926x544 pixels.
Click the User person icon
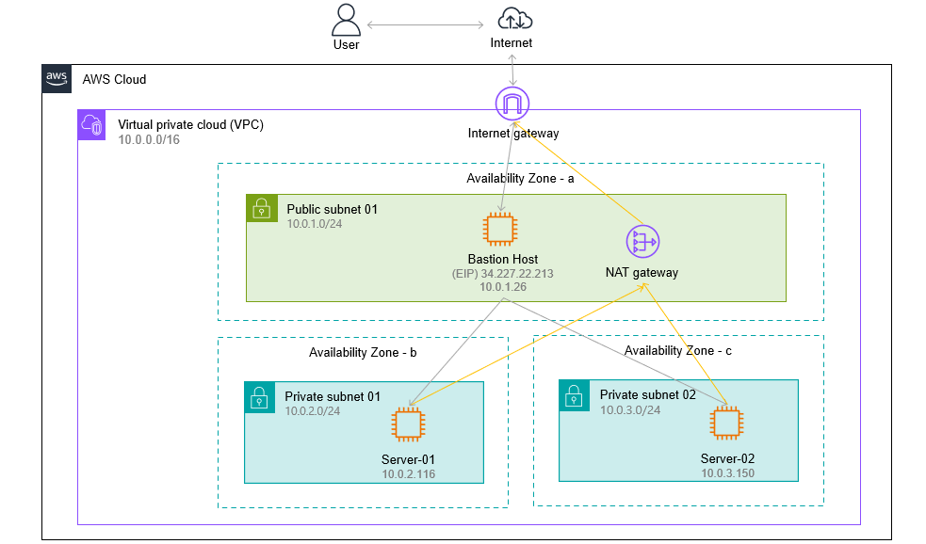(x=346, y=20)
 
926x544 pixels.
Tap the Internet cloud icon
(x=515, y=19)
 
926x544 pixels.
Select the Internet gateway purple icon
(x=512, y=104)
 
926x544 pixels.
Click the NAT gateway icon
(x=642, y=241)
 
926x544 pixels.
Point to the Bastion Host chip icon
(x=500, y=229)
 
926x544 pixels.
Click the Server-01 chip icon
(x=408, y=424)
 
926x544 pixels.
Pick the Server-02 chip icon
(x=726, y=423)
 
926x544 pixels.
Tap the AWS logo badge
(x=57, y=79)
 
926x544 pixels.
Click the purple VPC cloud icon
(x=91, y=125)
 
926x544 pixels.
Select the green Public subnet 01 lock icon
(x=262, y=208)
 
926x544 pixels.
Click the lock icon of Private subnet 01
(x=259, y=397)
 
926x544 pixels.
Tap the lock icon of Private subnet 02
(x=574, y=395)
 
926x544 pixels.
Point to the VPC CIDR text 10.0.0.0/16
(x=149, y=140)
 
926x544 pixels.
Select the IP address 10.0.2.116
(x=408, y=473)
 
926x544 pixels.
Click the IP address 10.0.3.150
(x=727, y=472)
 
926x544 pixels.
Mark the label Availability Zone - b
(x=363, y=352)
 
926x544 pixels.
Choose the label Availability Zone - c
(x=678, y=350)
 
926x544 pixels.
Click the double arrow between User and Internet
(x=425, y=24)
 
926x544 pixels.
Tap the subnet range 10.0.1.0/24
(x=315, y=224)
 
